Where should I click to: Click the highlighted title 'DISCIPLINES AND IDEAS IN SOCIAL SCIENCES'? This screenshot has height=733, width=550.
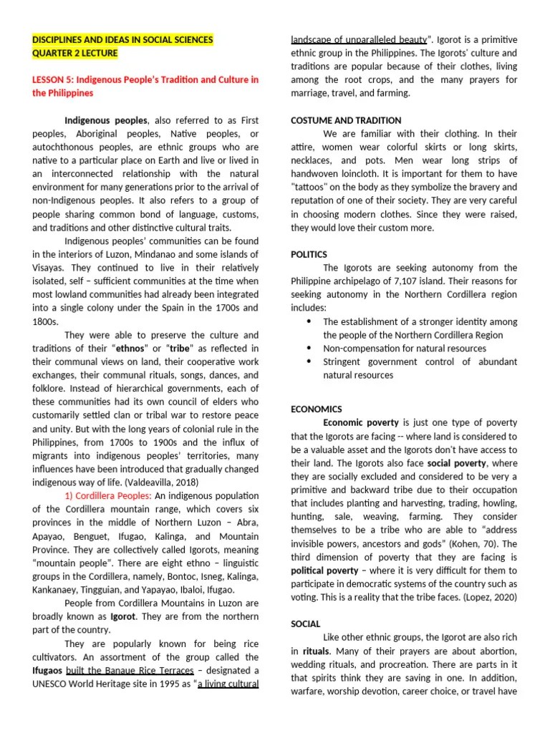point(122,40)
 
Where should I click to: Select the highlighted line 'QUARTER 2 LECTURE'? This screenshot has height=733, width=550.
point(75,54)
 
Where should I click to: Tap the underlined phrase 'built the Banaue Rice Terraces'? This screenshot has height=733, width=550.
point(130,670)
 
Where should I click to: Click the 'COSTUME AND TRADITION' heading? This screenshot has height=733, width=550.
point(345,120)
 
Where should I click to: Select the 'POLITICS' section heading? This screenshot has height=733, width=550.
point(309,254)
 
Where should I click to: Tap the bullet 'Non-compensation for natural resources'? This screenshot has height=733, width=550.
point(405,349)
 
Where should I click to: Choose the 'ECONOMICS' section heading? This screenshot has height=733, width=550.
point(316,409)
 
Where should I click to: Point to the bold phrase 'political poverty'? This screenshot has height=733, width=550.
point(324,571)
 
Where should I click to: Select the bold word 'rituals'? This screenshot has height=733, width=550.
point(315,651)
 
